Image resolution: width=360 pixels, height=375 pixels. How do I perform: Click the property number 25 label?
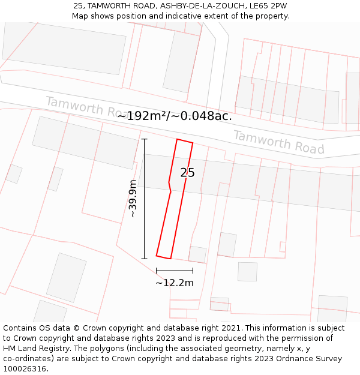click(x=188, y=173)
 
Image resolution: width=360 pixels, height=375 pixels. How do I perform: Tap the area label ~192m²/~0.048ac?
click(x=175, y=116)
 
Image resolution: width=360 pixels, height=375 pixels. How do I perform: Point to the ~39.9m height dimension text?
click(x=133, y=199)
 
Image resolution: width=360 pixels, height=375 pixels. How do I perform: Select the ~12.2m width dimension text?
click(x=175, y=283)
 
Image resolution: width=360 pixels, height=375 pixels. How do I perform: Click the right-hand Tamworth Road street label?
click(x=278, y=142)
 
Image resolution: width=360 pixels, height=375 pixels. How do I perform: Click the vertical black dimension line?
click(x=145, y=199)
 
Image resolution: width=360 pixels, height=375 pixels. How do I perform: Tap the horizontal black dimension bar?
click(x=175, y=271)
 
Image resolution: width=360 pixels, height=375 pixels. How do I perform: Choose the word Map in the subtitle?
click(x=80, y=16)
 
